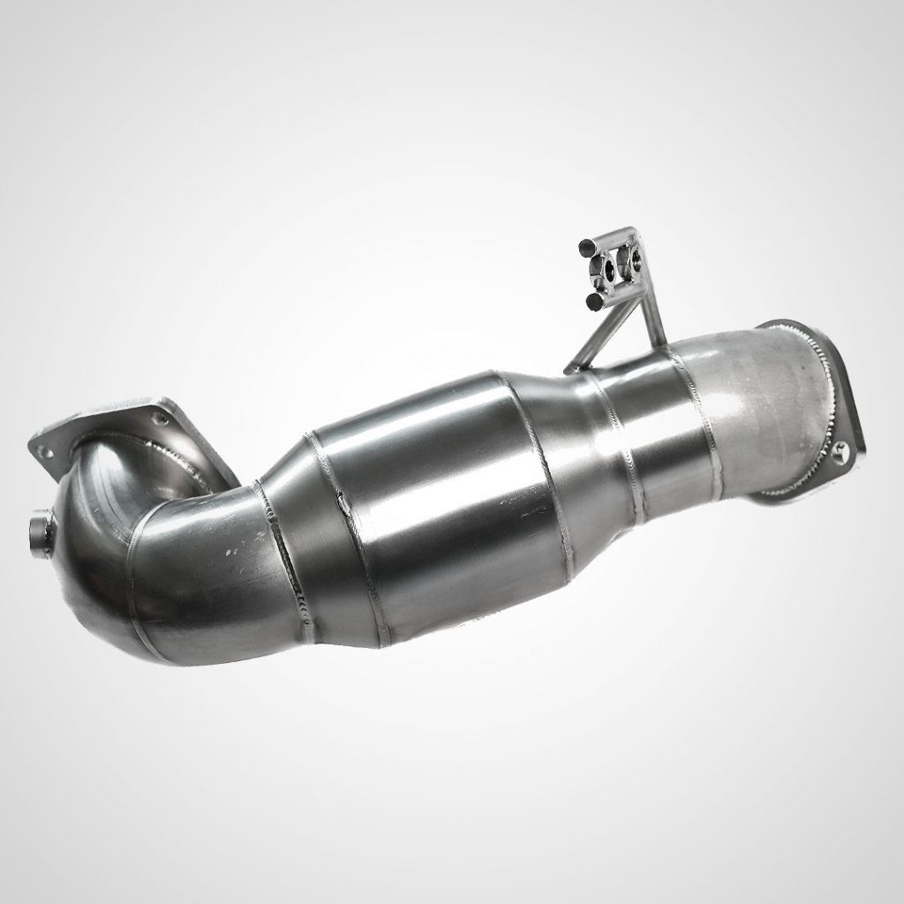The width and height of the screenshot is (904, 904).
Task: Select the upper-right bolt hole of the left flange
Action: [159, 411]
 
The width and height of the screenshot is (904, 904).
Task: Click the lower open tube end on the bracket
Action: [594, 301]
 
